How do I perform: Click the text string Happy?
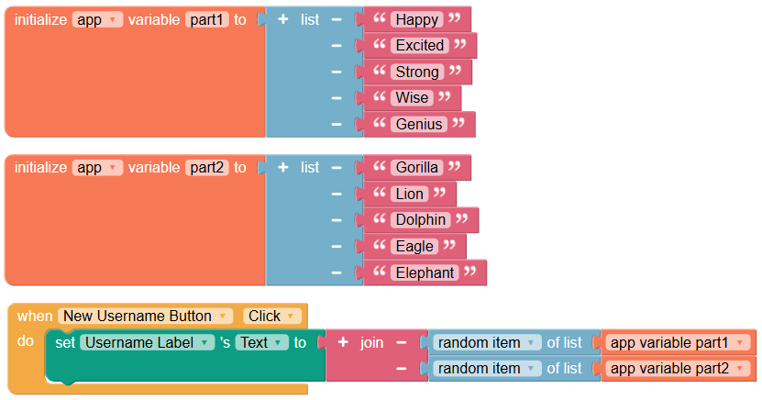pyautogui.click(x=416, y=19)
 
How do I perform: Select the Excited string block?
pyautogui.click(x=420, y=45)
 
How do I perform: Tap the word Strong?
pyautogui.click(x=417, y=72)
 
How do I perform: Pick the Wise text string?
pyautogui.click(x=412, y=97)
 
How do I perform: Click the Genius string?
pyautogui.click(x=419, y=124)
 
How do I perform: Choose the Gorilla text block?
pyautogui.click(x=416, y=168)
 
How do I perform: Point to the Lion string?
pyautogui.click(x=409, y=194)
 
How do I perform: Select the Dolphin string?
pyautogui.click(x=420, y=219)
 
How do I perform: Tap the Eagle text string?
pyautogui.click(x=414, y=247)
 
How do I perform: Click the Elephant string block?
pyautogui.click(x=425, y=272)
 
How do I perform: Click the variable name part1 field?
pyautogui.click(x=206, y=19)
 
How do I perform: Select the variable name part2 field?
pyautogui.click(x=206, y=168)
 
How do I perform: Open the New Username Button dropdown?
pyautogui.click(x=145, y=316)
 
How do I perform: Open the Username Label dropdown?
pyautogui.click(x=147, y=342)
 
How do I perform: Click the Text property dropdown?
pyautogui.click(x=261, y=342)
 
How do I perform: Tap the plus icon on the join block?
pyautogui.click(x=343, y=342)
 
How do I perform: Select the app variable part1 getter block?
pyautogui.click(x=678, y=342)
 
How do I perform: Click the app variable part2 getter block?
pyautogui.click(x=678, y=369)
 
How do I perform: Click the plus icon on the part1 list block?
pyautogui.click(x=282, y=19)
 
